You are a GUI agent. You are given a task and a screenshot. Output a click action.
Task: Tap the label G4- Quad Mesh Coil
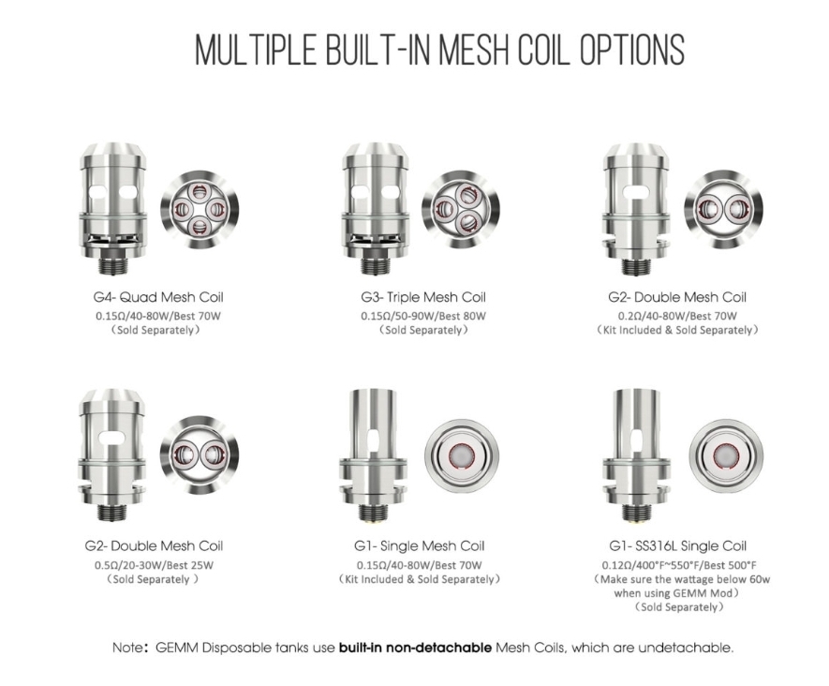click(x=158, y=297)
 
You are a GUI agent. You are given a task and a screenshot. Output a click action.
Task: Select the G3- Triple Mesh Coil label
click(x=423, y=297)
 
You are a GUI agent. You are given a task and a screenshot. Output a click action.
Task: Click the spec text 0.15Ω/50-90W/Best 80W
click(x=423, y=316)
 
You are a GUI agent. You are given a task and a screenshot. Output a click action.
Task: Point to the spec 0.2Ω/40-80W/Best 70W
click(x=677, y=316)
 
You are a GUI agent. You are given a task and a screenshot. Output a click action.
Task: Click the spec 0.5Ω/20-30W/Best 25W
click(x=154, y=565)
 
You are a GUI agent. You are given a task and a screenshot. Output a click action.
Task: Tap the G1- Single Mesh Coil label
click(x=420, y=545)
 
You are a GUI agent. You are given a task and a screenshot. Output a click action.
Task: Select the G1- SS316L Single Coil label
click(x=678, y=545)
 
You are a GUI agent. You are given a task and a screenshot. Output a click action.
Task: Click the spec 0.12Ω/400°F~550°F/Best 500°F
click(x=679, y=565)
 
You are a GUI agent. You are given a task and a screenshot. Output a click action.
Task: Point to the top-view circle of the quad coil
click(x=199, y=209)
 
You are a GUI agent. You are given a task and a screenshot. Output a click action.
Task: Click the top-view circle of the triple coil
click(x=461, y=209)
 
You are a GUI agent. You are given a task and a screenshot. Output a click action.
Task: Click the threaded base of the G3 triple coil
click(x=375, y=266)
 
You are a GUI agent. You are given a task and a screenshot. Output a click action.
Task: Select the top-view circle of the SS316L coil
click(x=726, y=455)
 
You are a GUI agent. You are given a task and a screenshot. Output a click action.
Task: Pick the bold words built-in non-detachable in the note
click(x=415, y=648)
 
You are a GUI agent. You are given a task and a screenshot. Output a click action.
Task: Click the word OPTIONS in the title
click(x=631, y=50)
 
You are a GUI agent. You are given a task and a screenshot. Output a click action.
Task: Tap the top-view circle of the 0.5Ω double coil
click(x=199, y=455)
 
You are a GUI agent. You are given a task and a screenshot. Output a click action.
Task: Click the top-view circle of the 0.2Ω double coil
click(x=723, y=209)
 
